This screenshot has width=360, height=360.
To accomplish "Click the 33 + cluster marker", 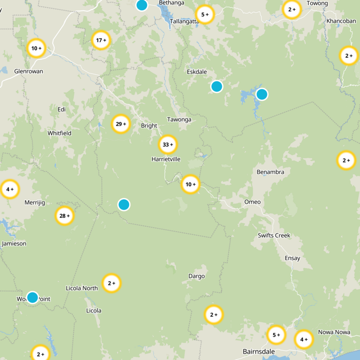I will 168,145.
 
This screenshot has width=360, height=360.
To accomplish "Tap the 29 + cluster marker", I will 121,124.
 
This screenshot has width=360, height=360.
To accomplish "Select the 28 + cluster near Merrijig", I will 65,216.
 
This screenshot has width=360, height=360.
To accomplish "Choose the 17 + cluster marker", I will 101,40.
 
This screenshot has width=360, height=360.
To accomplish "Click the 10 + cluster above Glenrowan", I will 36,48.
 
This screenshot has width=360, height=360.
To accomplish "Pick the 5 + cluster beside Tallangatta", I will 205,15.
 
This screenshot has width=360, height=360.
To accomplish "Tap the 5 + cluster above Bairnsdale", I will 276,335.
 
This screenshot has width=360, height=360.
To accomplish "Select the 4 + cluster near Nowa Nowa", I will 304,339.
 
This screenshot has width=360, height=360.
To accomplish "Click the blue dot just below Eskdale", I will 217,86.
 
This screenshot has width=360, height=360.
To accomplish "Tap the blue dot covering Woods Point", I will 32,297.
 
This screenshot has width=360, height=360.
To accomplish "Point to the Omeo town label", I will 252,202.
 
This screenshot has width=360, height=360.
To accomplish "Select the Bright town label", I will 149,126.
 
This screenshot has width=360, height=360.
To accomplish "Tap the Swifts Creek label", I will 274,235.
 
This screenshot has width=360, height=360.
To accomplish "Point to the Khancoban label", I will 341,21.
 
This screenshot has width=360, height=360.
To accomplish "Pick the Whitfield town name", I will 59,133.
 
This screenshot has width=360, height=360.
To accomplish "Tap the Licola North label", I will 81,288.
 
